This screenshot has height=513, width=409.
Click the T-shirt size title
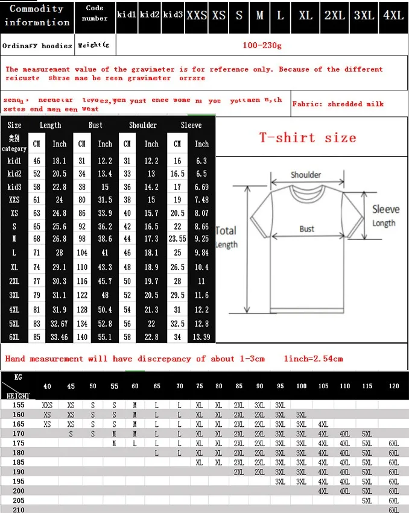308,137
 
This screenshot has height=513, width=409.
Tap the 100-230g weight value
262,45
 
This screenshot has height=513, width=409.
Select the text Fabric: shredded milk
338,104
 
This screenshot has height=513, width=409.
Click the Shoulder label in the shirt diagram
306,175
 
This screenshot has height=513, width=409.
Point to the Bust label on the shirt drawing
307,229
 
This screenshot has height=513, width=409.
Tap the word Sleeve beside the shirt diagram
385,209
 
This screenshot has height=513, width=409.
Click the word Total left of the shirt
226,230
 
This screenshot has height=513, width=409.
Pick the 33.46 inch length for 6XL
59,337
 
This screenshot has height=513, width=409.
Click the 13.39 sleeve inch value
201,337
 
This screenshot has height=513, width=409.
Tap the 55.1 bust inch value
105,337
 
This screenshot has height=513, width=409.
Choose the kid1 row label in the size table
14,161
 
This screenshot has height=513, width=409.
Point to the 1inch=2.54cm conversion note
313,359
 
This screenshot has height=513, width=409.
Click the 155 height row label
18,405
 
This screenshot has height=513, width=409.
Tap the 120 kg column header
393,386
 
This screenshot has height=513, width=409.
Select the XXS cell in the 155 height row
47,406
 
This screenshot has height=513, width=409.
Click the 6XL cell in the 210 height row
393,509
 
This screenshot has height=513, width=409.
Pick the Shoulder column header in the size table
143,125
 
